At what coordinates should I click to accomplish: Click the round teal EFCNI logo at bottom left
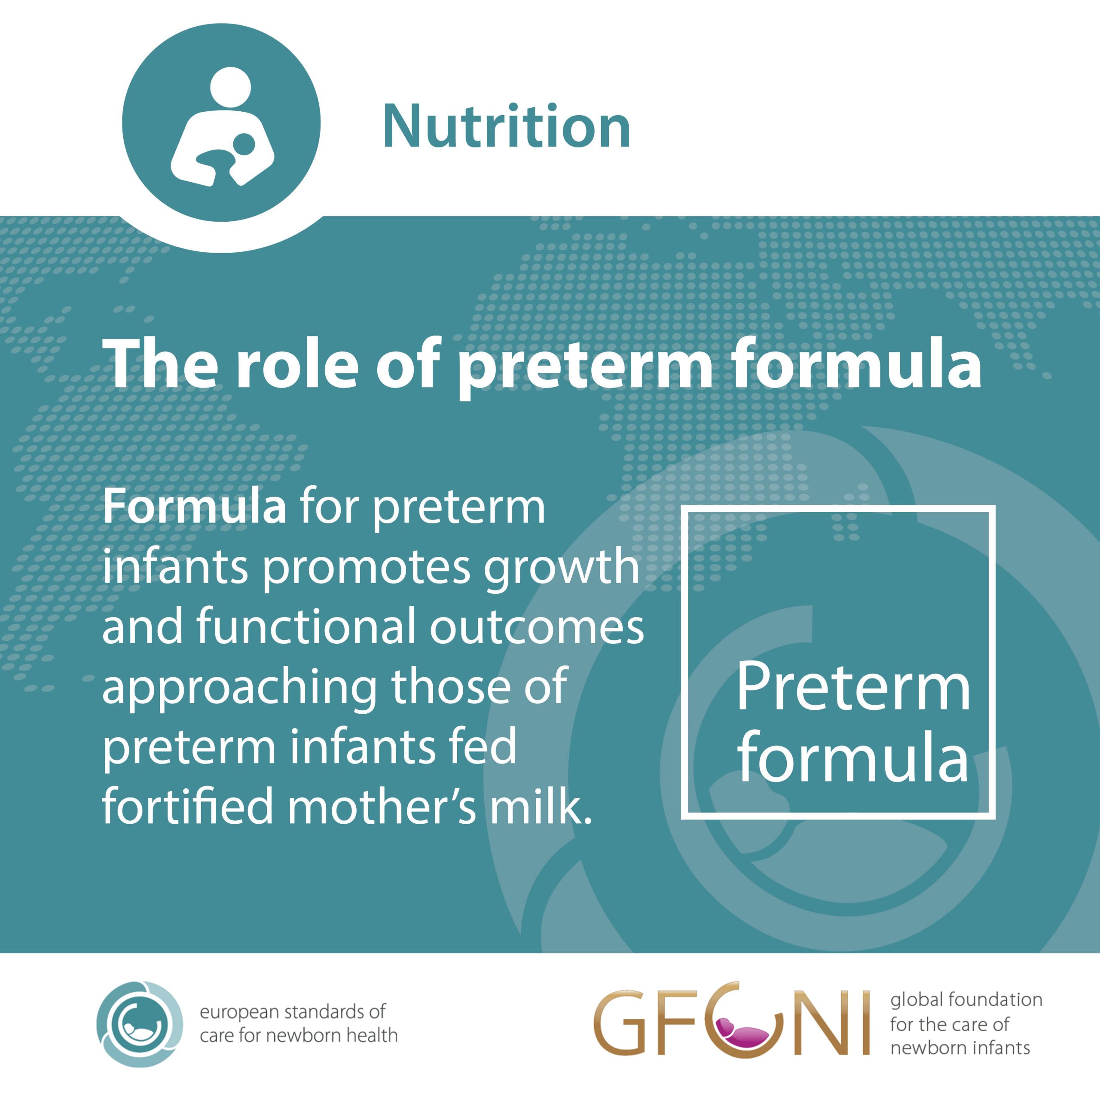coord(140,1024)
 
